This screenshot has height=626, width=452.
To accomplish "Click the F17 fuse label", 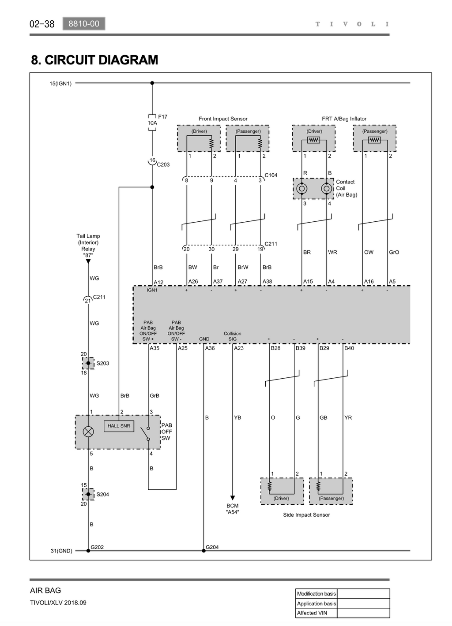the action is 162,116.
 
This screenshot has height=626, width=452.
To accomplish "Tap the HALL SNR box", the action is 119,426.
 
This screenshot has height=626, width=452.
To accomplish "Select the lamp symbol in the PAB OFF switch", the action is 88,432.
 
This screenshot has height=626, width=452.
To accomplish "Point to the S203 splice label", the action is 103,363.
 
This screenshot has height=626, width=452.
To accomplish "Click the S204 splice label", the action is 103,494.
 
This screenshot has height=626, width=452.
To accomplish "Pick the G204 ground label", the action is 212,547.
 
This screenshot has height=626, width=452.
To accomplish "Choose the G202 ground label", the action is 97,547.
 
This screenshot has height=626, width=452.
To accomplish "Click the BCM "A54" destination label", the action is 232,509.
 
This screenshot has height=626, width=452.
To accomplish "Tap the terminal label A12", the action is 158,282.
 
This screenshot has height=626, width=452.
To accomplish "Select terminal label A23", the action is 239,348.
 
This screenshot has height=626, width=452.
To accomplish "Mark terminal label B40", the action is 349,348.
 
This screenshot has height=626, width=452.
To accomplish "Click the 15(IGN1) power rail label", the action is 60,84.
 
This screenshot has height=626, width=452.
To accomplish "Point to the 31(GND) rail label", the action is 61,551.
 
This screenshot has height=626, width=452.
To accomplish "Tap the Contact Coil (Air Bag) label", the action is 347,188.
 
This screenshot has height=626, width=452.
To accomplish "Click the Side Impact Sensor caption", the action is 306,515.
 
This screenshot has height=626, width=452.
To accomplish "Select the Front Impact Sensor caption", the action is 223,119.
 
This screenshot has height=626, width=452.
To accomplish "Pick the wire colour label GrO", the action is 394,252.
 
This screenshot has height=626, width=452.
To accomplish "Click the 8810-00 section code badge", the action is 84,24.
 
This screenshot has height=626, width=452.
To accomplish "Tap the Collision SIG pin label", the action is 232,336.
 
